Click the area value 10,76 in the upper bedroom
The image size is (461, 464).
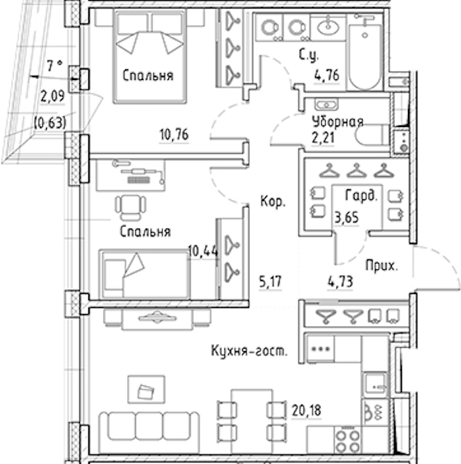pos(174,135)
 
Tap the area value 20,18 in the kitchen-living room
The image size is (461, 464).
pos(307,410)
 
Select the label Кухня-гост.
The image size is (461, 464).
pos(249,351)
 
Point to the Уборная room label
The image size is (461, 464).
pos(337,122)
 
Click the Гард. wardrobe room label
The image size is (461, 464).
pos(361,195)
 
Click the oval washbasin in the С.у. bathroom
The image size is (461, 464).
pos(328,27)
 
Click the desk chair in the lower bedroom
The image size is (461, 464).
pos(131,207)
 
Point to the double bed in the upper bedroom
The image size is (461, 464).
pos(150,56)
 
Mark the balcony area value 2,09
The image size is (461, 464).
pos(52,96)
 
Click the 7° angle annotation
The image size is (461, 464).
pos(55,65)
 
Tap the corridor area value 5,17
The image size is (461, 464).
pos(270,282)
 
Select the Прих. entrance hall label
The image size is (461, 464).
pos(382,265)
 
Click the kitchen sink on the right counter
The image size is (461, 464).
pos(375,383)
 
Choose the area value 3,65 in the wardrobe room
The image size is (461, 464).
pos(347,218)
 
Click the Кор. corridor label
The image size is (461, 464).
pos(273,202)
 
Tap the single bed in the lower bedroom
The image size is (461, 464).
pos(144,274)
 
